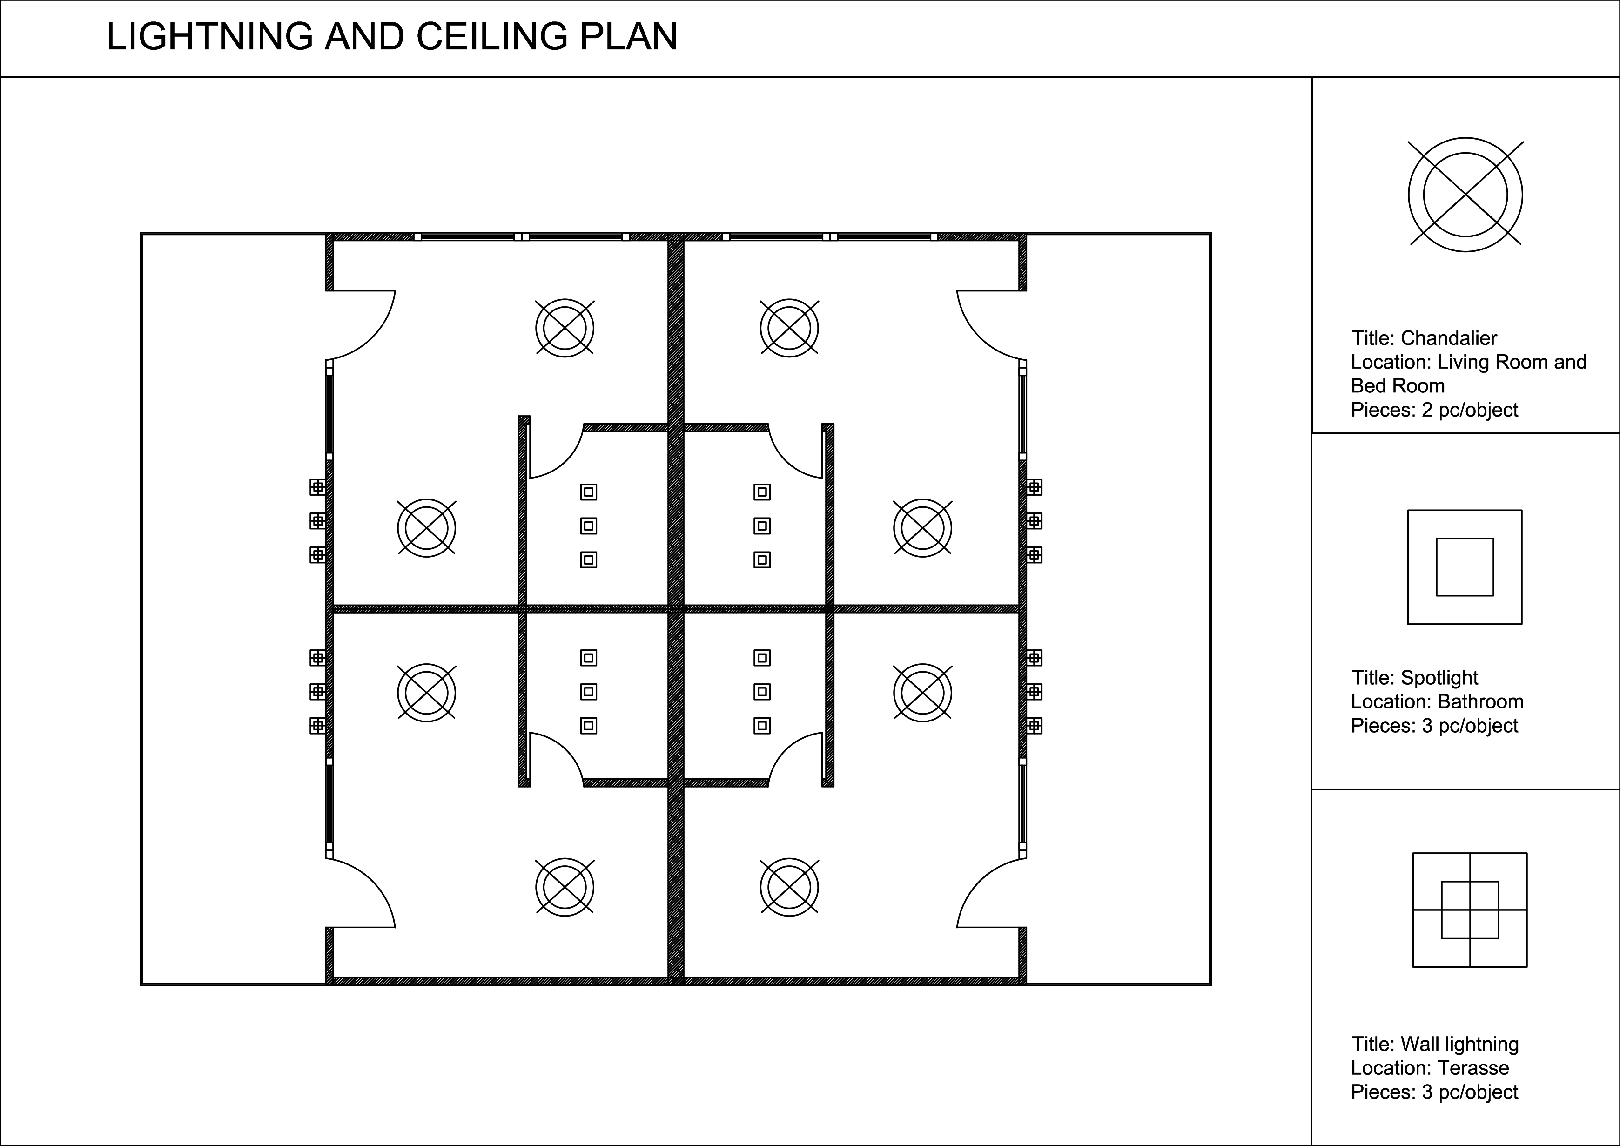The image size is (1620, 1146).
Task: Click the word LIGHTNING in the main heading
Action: click(209, 37)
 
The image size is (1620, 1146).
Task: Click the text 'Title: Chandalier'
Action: click(1424, 338)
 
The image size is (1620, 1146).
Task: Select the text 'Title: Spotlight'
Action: click(1415, 677)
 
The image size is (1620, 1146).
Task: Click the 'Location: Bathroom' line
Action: click(1437, 701)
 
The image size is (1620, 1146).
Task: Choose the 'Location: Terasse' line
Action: click(1430, 1068)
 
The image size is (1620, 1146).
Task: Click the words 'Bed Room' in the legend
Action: click(1398, 385)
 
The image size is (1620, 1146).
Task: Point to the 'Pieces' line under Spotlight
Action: click(1434, 725)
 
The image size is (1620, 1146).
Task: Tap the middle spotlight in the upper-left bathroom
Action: click(588, 526)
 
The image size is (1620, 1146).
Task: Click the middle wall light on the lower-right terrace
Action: click(1035, 692)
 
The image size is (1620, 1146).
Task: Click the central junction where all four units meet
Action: click(676, 608)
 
